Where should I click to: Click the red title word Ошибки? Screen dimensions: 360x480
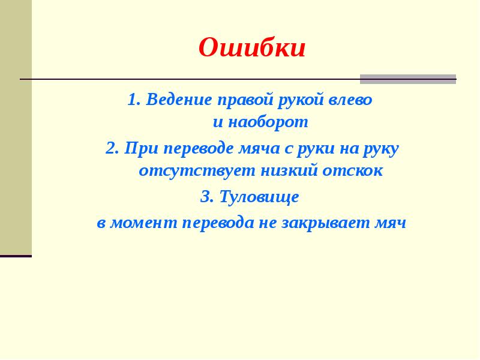tap(252, 48)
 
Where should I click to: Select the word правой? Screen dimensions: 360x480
tap(245, 99)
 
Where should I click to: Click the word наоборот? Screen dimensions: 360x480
tap(269, 122)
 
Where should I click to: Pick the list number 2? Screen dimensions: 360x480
tap(111, 148)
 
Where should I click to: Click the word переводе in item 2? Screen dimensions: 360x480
tap(200, 148)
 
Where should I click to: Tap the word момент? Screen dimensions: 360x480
tap(143, 223)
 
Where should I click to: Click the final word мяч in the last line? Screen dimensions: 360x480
tap(391, 223)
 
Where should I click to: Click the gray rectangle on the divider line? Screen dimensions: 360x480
tap(408, 79)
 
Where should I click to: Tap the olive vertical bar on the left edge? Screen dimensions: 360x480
tap(16, 126)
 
